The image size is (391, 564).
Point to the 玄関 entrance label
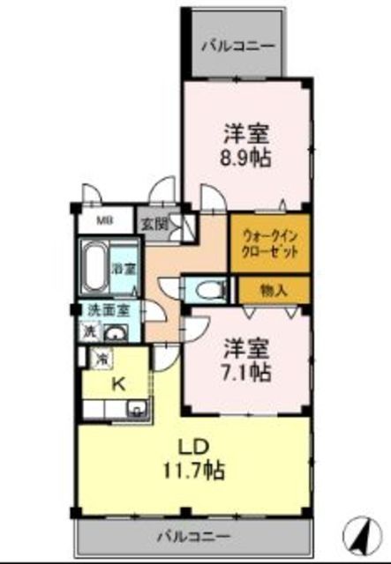[153, 224]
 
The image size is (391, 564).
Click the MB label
[104, 221]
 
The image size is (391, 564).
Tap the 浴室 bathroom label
[124, 268]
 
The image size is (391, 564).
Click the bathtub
[94, 267]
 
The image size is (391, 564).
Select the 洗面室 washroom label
[107, 310]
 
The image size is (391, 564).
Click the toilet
[205, 289]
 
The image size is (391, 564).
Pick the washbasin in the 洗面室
[116, 332]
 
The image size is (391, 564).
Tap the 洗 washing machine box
[89, 332]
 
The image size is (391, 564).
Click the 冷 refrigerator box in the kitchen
[102, 359]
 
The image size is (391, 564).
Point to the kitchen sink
[136, 408]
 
